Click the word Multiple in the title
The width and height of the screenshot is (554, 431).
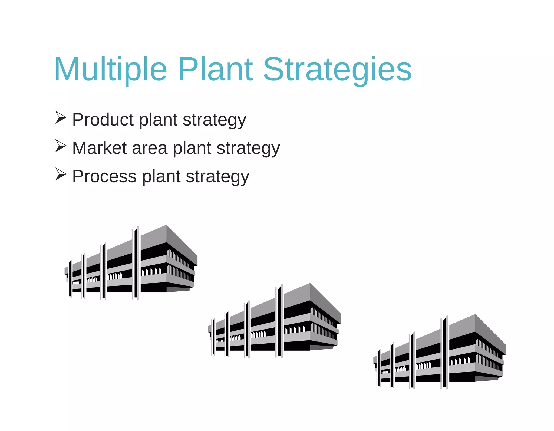pyautogui.click(x=110, y=70)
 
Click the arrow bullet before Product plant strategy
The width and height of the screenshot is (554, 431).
pyautogui.click(x=61, y=117)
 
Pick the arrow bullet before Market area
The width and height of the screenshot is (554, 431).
pyautogui.click(x=61, y=146)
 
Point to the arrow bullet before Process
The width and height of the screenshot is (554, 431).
pyautogui.click(x=61, y=174)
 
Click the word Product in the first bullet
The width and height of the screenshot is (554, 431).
pyautogui.click(x=103, y=120)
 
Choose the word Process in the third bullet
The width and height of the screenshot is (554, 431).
pyautogui.click(x=104, y=176)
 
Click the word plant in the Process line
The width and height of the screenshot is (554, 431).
pyautogui.click(x=161, y=177)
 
